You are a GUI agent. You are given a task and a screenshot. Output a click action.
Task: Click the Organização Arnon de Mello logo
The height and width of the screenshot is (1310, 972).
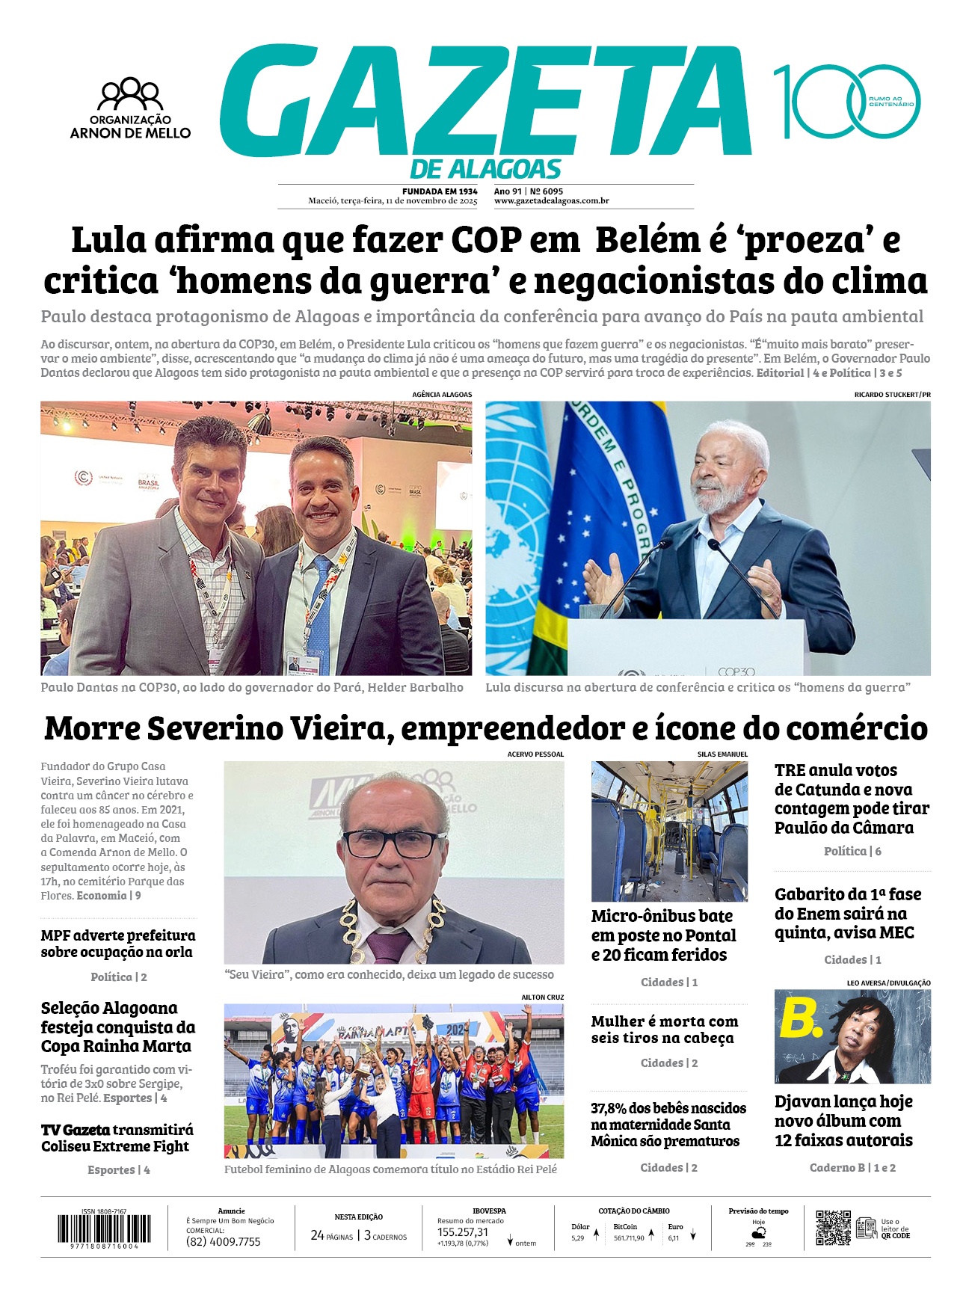[x=131, y=108]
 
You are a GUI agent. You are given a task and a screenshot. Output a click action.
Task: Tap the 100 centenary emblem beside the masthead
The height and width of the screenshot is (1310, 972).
[x=846, y=102]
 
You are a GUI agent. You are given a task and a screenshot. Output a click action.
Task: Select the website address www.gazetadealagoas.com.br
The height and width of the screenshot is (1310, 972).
[x=551, y=201]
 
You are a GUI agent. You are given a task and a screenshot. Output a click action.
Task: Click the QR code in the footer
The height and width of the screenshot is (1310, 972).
[x=832, y=1228]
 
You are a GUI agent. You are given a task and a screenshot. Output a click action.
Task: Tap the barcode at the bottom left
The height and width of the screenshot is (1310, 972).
[x=104, y=1228]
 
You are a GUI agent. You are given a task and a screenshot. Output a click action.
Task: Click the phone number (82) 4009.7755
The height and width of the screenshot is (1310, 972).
[x=224, y=1242]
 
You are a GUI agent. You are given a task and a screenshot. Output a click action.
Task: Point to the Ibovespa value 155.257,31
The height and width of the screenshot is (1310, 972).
[x=463, y=1232]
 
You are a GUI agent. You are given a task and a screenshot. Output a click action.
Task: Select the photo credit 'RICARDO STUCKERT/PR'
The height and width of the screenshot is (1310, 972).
[x=892, y=394]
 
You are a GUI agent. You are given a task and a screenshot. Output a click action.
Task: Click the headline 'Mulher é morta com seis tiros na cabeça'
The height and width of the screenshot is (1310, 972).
[x=663, y=1030]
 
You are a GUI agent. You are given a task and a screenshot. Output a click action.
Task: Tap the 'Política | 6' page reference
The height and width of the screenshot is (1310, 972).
[x=852, y=851]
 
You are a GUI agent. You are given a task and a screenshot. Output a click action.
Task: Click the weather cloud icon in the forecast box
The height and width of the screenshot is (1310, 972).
[x=759, y=1231]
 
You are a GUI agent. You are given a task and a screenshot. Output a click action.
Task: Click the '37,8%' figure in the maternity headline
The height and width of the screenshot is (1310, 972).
[x=608, y=1108]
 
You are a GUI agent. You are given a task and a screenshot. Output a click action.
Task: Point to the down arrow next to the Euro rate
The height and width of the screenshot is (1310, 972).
[x=693, y=1236]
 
